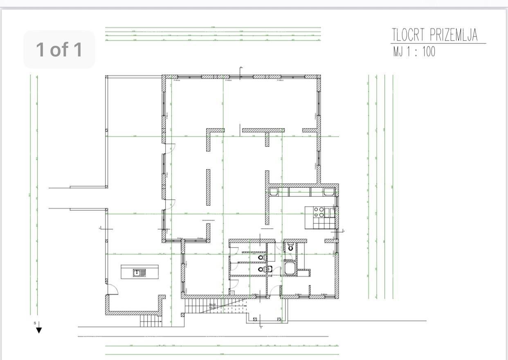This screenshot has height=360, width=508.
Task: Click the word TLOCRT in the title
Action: (x=409, y=35)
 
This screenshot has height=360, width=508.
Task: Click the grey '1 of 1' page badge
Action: (x=59, y=49)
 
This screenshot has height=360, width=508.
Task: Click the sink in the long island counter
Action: (x=137, y=272)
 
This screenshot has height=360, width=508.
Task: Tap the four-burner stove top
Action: (x=319, y=211)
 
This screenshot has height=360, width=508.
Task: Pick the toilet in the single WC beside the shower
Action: (x=290, y=247)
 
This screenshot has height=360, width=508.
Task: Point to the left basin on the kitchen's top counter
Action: (x=274, y=191)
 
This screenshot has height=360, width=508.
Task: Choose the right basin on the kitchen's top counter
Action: (x=328, y=191)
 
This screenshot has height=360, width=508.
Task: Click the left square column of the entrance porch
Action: (x=254, y=319)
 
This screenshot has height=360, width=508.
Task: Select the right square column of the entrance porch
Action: (x=279, y=319)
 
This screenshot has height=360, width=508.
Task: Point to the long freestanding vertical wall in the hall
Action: (x=208, y=188)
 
